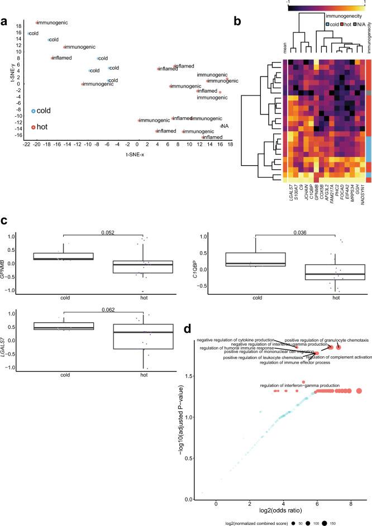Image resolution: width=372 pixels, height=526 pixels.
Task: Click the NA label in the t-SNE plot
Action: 223,126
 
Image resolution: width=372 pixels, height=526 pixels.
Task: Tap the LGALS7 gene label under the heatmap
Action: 286,157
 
